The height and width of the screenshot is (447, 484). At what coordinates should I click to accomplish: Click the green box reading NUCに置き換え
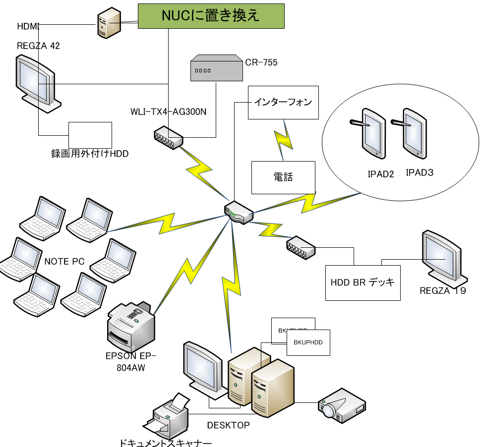point(211,16)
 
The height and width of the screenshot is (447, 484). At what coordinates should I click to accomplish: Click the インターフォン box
point(283,103)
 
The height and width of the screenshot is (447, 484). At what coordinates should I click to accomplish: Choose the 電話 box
point(283,177)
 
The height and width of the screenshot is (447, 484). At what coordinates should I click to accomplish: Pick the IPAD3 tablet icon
point(412,132)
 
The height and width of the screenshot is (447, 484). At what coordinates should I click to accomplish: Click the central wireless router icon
point(239,212)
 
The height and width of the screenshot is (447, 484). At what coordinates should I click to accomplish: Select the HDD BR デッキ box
point(363,282)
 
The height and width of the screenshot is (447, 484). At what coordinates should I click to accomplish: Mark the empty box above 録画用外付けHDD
point(90,135)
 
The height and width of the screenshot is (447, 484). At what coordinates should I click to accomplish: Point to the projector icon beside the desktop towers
point(342,402)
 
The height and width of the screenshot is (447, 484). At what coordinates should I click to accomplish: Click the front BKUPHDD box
point(308,342)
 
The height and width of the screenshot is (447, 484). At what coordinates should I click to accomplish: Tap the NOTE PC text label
point(64,262)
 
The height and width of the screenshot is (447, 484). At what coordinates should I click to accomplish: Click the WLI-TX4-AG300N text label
point(169,112)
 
